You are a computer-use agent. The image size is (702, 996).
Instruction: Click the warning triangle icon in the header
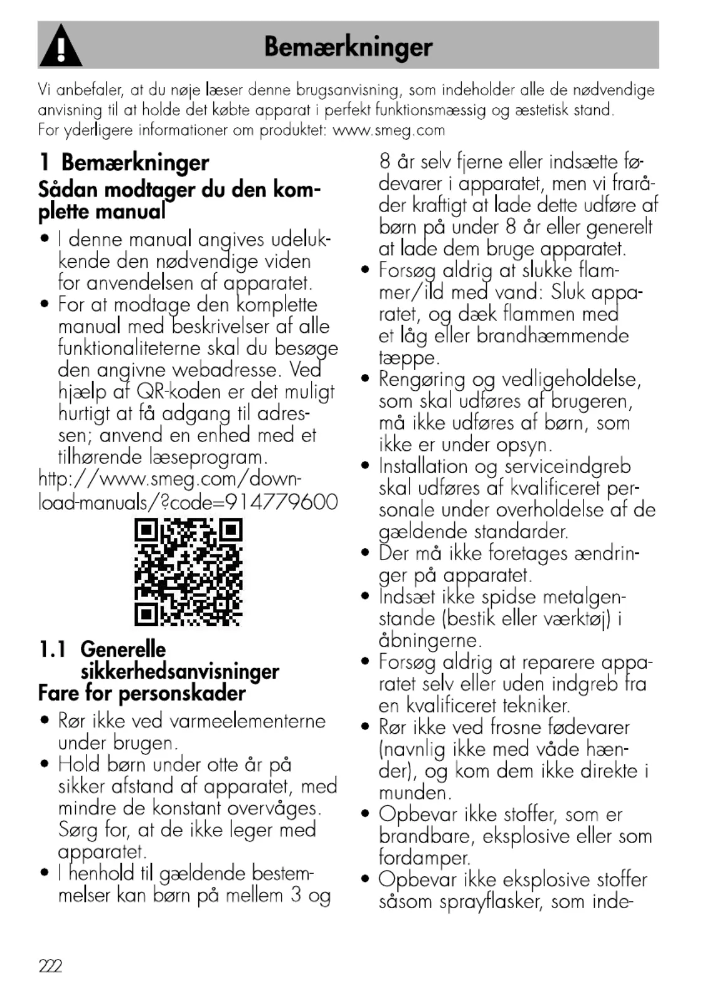pyautogui.click(x=61, y=46)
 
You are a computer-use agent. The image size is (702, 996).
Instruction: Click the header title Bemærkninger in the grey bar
pyautogui.click(x=348, y=46)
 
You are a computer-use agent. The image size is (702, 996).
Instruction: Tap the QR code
pyautogui.click(x=188, y=572)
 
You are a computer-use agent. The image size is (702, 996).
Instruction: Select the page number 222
pyautogui.click(x=50, y=966)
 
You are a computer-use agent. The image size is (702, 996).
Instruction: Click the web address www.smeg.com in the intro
pyautogui.click(x=388, y=130)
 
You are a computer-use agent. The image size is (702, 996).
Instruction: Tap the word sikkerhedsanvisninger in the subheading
pyautogui.click(x=179, y=671)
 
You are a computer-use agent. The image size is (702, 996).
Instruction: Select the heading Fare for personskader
pyautogui.click(x=142, y=693)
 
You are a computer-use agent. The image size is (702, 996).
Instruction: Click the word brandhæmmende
pyautogui.click(x=552, y=336)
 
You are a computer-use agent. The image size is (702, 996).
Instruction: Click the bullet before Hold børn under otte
pyautogui.click(x=45, y=764)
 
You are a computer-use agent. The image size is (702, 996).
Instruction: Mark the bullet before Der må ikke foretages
pyautogui.click(x=366, y=553)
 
